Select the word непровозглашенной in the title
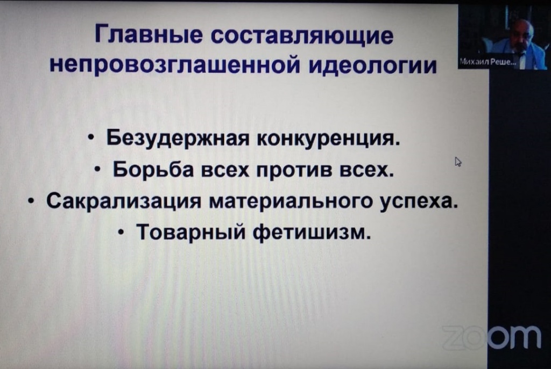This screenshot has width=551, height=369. [x=175, y=65]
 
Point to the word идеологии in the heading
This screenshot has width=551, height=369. [x=372, y=65]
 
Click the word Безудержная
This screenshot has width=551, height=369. [x=178, y=139]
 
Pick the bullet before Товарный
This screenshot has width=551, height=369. [x=121, y=232]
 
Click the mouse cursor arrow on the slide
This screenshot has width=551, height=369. [x=458, y=161]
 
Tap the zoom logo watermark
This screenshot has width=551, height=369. [x=491, y=337]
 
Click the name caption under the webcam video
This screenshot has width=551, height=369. [x=486, y=62]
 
